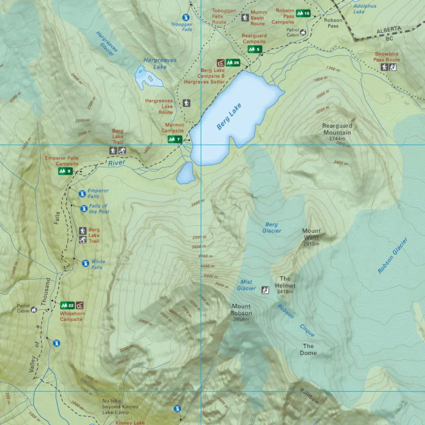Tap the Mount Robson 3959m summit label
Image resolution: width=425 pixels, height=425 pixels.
(x=241, y=312)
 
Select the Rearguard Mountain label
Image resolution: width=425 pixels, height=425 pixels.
(x=337, y=129)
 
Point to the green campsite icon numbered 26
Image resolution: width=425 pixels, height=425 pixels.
(x=233, y=63)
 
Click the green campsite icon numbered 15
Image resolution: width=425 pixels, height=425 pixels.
(x=303, y=14)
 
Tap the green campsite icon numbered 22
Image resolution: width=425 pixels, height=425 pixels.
(x=68, y=305)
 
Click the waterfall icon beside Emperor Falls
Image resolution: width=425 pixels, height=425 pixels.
(x=82, y=194)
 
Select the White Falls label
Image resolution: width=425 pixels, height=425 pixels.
(x=98, y=264)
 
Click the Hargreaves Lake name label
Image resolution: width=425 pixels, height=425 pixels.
(x=160, y=63)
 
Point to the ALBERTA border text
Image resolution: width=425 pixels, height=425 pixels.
(x=388, y=29)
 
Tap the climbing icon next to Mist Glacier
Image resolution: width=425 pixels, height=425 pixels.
(x=265, y=290)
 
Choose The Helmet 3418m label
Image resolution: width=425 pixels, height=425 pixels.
(x=285, y=285)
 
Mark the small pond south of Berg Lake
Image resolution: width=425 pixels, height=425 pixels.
(x=186, y=173)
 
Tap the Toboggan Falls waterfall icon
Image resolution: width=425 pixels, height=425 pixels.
(x=185, y=17)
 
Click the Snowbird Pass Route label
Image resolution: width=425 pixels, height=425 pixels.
(x=387, y=57)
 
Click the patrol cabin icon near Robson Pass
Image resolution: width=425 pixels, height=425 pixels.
(x=303, y=32)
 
